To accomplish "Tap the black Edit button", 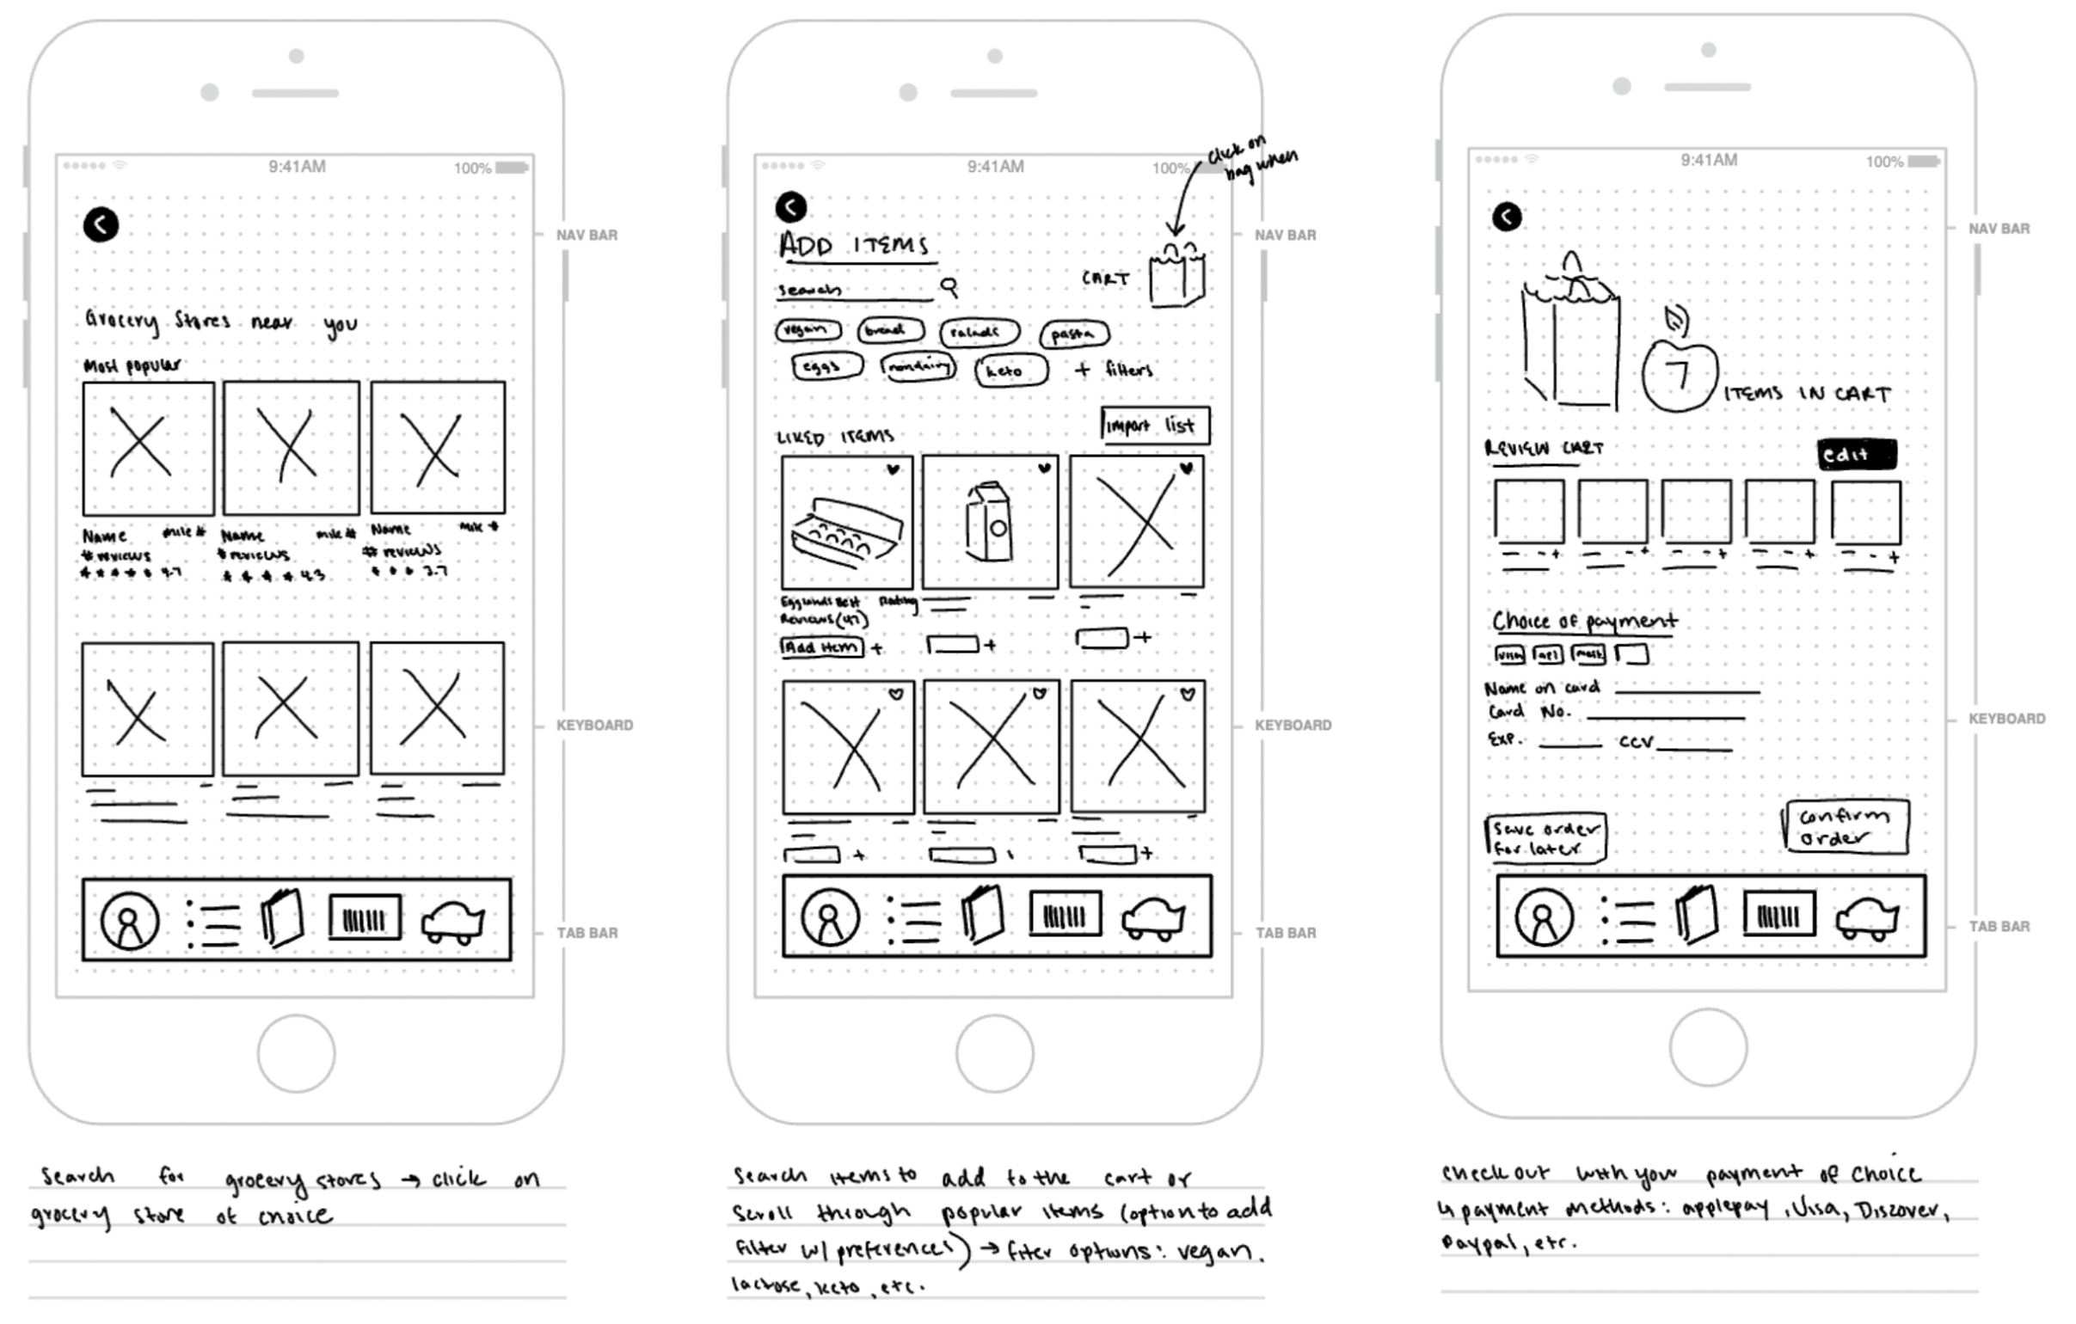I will click(x=1856, y=454).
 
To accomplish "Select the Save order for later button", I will click(x=1545, y=838).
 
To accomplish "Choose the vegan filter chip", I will click(x=807, y=329).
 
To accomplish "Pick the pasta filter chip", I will click(x=1074, y=334).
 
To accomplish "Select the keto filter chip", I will click(x=1010, y=371).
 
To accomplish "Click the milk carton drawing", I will click(x=988, y=523).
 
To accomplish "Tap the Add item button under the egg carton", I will click(x=820, y=647).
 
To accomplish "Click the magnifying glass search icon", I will click(x=949, y=286).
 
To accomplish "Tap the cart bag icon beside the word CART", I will click(x=1176, y=275).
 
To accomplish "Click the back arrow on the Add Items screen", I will click(x=790, y=207).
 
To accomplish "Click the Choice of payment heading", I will click(x=1584, y=621).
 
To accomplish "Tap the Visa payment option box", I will click(x=1508, y=654).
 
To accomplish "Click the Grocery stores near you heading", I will click(x=221, y=322).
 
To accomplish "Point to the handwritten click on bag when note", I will click(x=1252, y=158).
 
